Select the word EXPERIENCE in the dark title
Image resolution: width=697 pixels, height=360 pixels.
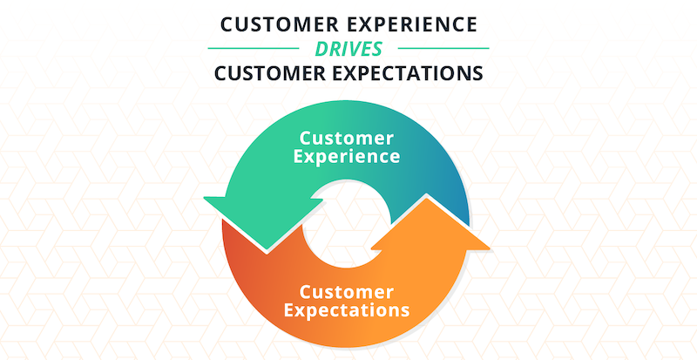pos(412,25)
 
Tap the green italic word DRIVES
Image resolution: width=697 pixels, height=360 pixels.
pos(348,49)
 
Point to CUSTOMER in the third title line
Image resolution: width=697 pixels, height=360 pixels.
pos(274,73)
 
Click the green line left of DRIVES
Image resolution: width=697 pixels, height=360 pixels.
pos(254,48)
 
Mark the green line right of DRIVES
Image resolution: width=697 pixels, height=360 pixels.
pos(443,48)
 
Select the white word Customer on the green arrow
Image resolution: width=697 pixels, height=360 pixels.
pos(346,138)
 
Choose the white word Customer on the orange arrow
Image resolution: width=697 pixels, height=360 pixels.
pos(346,292)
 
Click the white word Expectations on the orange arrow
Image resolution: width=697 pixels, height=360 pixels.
pos(347,310)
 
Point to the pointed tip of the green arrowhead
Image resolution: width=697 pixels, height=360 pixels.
pos(267,251)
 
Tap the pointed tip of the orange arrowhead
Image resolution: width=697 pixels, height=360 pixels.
pos(427,196)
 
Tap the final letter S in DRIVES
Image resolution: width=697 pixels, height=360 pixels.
pos(376,49)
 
